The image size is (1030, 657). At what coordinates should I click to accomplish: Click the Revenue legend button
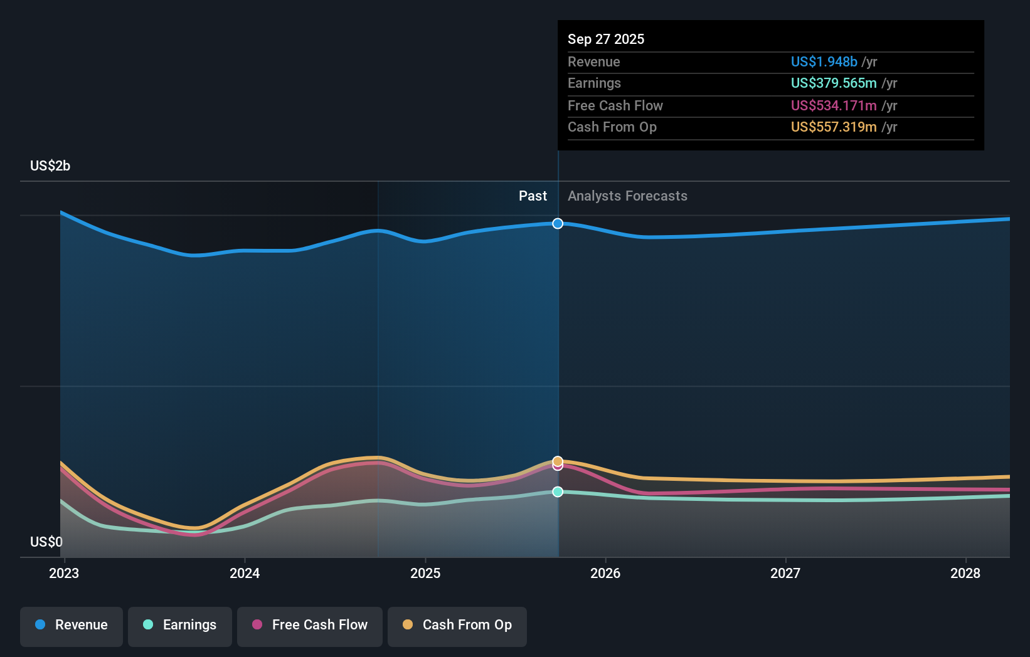pos(72,626)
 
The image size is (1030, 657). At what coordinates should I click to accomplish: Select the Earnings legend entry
pos(180,626)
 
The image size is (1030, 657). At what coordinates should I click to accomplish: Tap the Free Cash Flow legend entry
pos(310,626)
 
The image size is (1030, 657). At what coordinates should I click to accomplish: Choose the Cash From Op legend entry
pos(457,626)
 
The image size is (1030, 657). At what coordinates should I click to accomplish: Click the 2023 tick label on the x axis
pos(64,574)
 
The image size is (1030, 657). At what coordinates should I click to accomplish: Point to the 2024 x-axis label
pos(245,574)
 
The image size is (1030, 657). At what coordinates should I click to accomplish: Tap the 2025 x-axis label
pos(425,574)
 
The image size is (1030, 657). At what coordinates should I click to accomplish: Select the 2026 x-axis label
pos(605,574)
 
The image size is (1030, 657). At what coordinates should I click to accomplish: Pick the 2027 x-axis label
pos(785,574)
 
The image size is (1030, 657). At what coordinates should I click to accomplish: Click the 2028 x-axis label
pos(965,574)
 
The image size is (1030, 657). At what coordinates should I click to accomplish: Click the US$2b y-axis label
pos(50,166)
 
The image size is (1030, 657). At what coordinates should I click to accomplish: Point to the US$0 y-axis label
pos(46,542)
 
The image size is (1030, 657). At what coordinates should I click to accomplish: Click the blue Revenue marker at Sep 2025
pos(558,224)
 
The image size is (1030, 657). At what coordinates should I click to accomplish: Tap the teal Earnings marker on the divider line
pos(558,492)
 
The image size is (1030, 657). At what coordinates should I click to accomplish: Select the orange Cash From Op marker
pos(558,461)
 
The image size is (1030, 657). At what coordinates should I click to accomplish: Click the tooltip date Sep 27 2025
pos(606,39)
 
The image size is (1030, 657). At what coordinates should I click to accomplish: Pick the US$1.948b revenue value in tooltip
pos(824,62)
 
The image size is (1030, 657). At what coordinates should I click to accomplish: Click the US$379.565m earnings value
pos(834,83)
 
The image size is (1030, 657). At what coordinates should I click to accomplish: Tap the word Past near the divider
pos(533,196)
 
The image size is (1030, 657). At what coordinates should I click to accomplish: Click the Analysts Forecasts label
pos(627,196)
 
